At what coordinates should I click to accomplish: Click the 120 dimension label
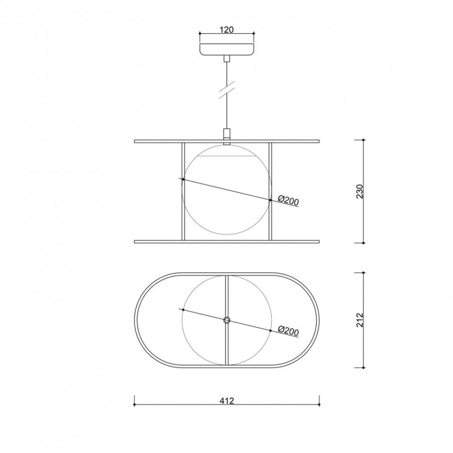click(x=226, y=29)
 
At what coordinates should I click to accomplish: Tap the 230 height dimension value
click(x=360, y=191)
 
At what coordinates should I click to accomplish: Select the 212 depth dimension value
click(x=360, y=320)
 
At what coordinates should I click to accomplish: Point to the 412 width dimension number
click(x=226, y=401)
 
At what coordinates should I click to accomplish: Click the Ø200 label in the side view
click(x=288, y=200)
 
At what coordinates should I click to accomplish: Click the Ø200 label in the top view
click(x=288, y=330)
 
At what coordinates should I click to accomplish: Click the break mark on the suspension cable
click(x=227, y=91)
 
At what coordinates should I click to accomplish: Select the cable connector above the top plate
click(x=227, y=134)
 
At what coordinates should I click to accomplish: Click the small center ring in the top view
click(x=227, y=319)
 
